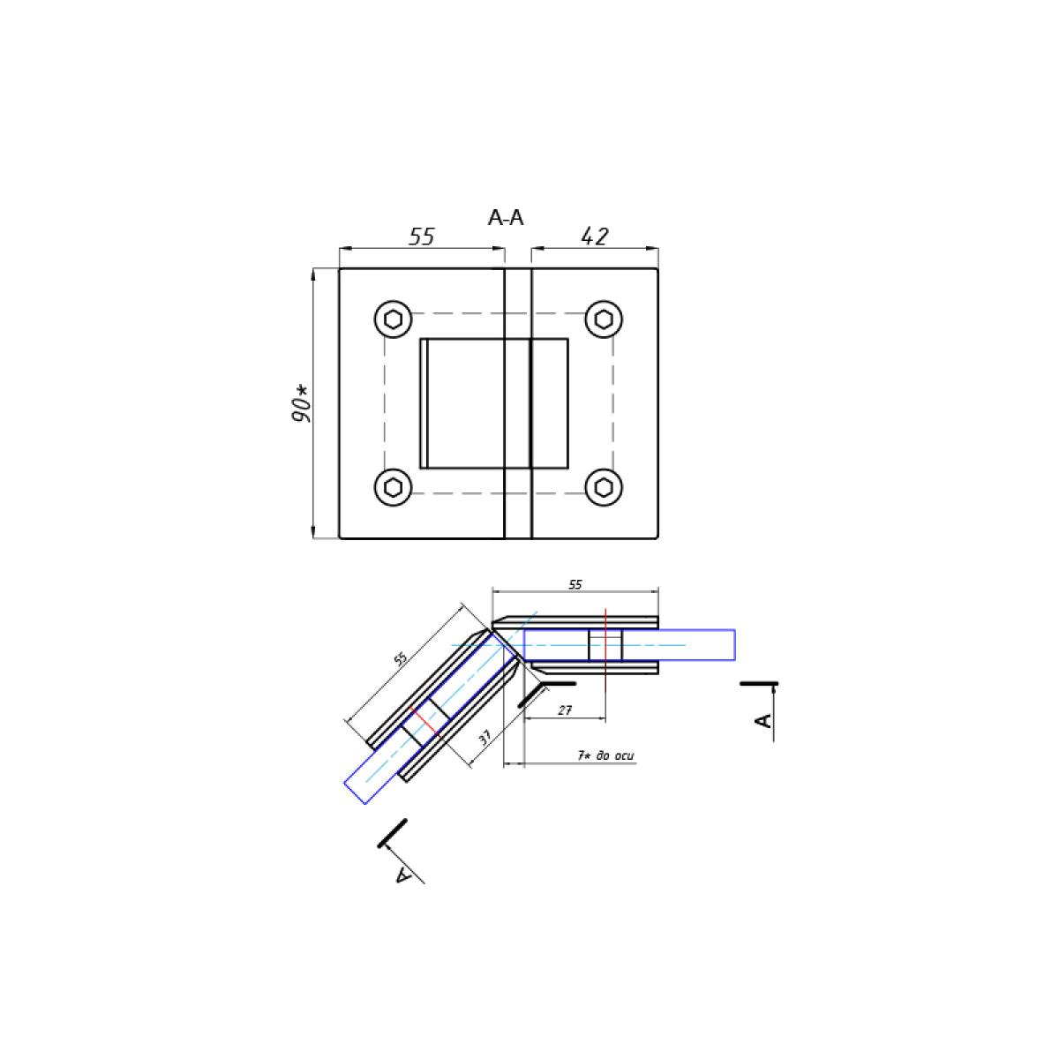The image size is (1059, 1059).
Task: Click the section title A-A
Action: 505,218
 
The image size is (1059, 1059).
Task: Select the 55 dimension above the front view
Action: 422,237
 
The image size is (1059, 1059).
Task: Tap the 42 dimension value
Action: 595,237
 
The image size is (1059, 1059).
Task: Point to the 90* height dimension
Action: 301,404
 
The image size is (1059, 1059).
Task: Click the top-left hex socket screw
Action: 393,319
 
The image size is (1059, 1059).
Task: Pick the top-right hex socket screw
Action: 604,319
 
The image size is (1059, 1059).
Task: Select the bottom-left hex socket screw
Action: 393,487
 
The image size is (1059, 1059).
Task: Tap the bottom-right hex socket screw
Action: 604,487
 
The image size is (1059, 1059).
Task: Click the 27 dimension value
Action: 565,710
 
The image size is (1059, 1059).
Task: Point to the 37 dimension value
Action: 484,737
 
